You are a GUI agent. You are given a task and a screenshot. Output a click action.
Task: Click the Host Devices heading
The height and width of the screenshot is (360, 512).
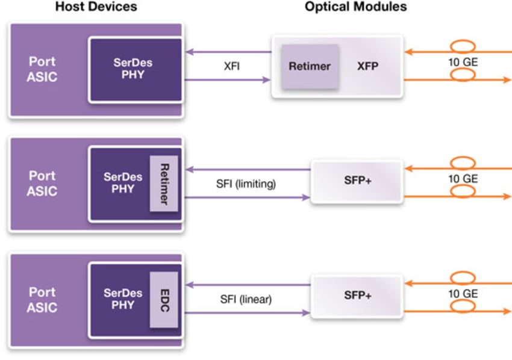[x=96, y=7]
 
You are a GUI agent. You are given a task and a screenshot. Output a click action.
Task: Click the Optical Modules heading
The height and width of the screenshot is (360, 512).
[x=355, y=7]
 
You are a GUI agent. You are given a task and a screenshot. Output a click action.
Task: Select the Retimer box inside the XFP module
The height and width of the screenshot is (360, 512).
[x=310, y=66]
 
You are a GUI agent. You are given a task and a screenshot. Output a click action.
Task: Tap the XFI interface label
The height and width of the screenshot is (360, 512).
[x=231, y=66]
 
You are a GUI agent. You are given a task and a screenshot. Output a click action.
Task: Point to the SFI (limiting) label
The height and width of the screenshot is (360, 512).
[x=246, y=184]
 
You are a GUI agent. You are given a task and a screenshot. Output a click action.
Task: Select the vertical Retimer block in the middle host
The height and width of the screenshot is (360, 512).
[x=164, y=183]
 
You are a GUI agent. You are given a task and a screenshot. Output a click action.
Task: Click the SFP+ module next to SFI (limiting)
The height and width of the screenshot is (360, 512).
[x=357, y=181]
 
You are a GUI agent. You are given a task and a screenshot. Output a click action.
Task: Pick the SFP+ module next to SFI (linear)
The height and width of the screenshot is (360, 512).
[x=357, y=296]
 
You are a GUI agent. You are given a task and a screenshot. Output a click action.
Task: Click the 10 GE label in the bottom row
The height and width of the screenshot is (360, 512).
[x=463, y=294]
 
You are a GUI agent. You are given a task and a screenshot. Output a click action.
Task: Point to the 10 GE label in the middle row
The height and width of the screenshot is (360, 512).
[x=463, y=179]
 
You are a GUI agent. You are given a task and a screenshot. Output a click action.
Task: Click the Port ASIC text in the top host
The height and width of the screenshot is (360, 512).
[x=42, y=69]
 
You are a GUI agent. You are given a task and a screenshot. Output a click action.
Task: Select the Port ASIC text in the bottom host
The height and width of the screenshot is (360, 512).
[x=42, y=299]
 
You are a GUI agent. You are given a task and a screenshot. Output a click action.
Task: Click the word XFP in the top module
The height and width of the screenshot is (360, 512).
[x=367, y=66]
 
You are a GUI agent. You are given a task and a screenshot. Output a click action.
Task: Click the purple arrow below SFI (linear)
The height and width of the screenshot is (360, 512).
[x=247, y=313]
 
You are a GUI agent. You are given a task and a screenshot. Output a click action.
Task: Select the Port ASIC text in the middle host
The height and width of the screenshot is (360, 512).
[x=42, y=184]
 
